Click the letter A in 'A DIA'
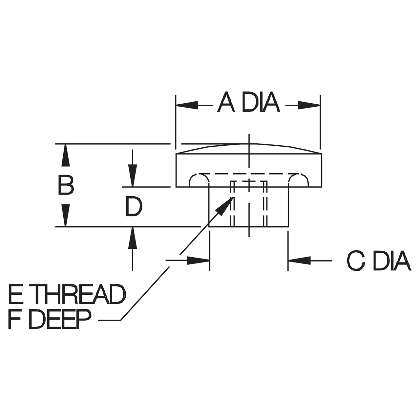click(226, 102)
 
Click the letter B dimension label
click(66, 185)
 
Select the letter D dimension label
click(134, 206)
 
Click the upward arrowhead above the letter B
click(66, 156)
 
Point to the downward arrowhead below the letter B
click(66, 215)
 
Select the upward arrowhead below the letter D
click(132, 238)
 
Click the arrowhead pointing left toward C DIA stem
click(299, 261)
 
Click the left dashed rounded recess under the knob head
click(199, 180)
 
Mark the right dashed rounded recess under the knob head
click(298, 180)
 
